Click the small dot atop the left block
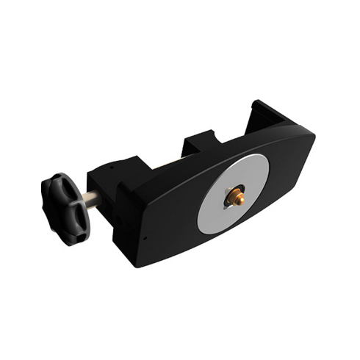point(110,167)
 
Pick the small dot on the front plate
point(144,238)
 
